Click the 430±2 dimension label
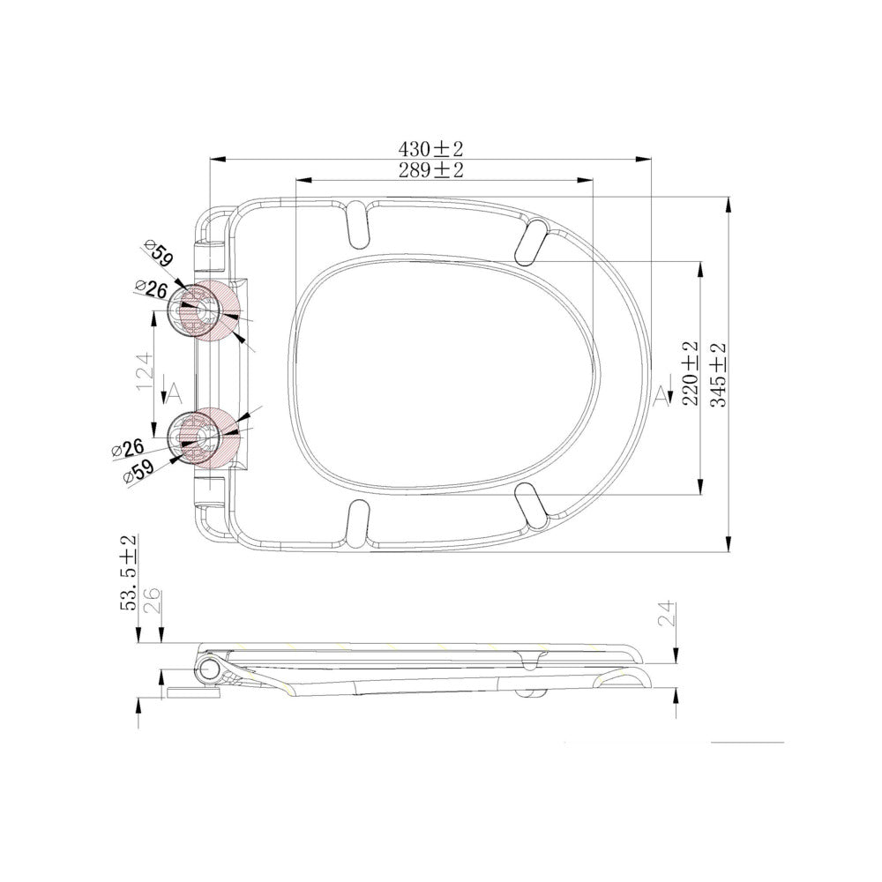(x=430, y=149)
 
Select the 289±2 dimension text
(x=431, y=170)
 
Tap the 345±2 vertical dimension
(x=719, y=375)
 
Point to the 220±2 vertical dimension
(x=691, y=373)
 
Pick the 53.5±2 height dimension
(x=128, y=572)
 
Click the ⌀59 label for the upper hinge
(x=158, y=253)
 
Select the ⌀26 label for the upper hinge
(x=152, y=289)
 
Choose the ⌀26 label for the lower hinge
(x=128, y=449)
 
